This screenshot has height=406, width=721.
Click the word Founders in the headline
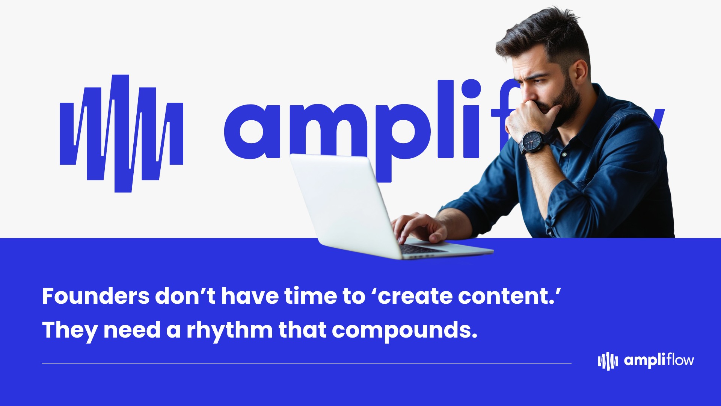96,296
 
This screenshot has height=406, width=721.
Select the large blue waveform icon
121,133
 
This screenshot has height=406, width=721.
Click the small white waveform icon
608,361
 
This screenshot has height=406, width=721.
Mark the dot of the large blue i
471,89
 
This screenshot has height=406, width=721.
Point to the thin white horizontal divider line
306,364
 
